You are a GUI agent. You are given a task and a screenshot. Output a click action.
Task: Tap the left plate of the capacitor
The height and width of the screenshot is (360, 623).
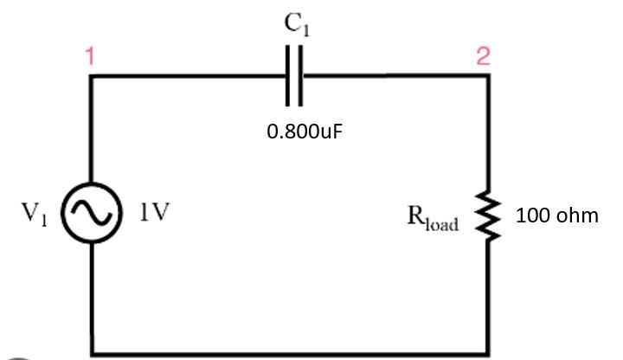pos(289,76)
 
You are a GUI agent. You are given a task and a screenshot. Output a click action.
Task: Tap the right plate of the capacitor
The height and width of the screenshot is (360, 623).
pos(301,76)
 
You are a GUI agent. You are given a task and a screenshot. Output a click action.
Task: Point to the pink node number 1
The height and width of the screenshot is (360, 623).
pos(90,57)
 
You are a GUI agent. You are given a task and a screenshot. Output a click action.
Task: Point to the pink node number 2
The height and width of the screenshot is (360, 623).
pos(483,57)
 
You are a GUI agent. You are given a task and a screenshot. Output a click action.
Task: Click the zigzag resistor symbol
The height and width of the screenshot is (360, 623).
pos(489,215)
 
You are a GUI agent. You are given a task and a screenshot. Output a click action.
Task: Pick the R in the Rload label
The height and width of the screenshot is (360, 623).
pos(415,215)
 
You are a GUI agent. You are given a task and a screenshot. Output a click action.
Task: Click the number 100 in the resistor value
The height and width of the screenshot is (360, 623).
pos(532,215)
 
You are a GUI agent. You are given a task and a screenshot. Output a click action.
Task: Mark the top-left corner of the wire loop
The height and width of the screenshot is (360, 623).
pos(91,76)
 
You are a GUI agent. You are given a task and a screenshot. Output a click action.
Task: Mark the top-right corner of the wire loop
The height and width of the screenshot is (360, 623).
pos(489,76)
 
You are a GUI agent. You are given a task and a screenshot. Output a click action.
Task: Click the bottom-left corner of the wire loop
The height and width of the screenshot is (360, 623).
pos(91,353)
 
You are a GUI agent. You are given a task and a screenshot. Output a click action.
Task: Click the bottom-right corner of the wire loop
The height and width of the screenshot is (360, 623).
pos(489,353)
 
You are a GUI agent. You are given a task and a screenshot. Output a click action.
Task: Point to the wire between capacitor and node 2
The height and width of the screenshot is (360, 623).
pos(394,76)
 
